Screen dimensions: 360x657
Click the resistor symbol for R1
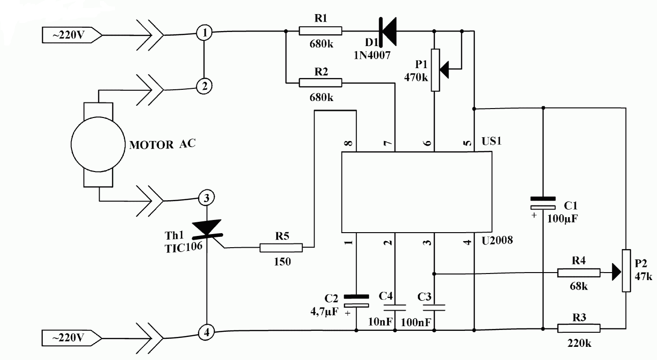click(320, 31)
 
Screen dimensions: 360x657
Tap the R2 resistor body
click(320, 83)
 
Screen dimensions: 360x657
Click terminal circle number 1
click(204, 33)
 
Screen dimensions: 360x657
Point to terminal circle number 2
click(204, 86)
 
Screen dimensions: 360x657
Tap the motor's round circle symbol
click(99, 145)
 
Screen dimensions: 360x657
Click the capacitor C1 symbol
click(543, 203)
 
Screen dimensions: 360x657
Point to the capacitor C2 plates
click(356, 301)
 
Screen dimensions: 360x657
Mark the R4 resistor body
click(578, 273)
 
